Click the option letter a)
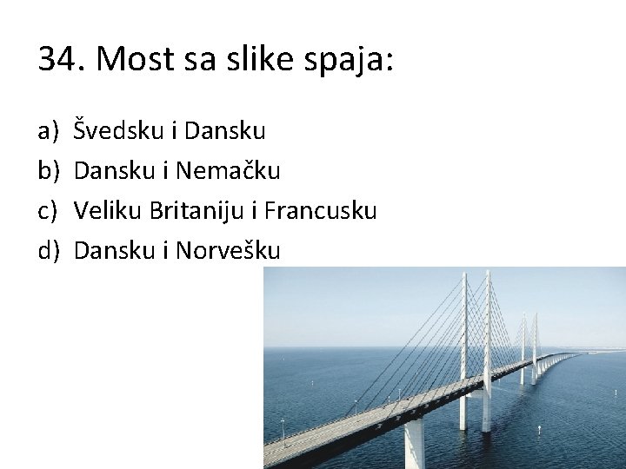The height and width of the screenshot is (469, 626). [48, 131]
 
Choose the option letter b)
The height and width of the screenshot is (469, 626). [48, 171]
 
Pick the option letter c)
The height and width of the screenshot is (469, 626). [48, 211]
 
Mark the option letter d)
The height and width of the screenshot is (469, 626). [48, 251]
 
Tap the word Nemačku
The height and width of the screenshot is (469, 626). [228, 171]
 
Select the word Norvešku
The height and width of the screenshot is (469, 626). [228, 251]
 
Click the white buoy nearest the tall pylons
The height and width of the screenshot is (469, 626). [539, 429]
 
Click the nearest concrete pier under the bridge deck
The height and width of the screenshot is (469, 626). [415, 443]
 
